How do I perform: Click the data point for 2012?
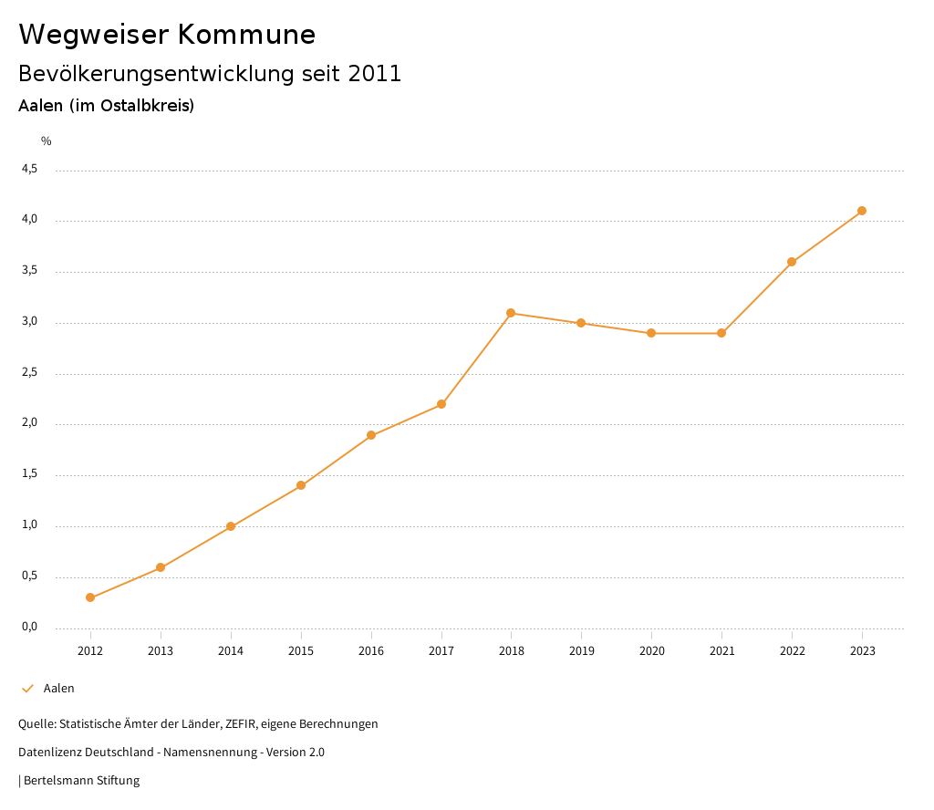90,597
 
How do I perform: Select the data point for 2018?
511,313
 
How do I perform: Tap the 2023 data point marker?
862,211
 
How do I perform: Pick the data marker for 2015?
301,485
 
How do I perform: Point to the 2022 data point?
792,262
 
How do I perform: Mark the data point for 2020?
651,333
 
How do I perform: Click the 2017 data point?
441,404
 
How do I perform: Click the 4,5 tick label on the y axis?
29,169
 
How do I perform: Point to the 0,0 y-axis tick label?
29,627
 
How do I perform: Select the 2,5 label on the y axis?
29,372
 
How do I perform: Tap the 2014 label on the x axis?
231,650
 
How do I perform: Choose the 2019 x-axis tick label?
581,650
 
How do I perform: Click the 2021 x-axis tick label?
721,650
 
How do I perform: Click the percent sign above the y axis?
47,140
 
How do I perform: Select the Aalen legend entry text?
59,688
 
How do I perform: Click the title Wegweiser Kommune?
167,34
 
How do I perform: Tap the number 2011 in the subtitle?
375,74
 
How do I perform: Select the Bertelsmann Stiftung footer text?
81,780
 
